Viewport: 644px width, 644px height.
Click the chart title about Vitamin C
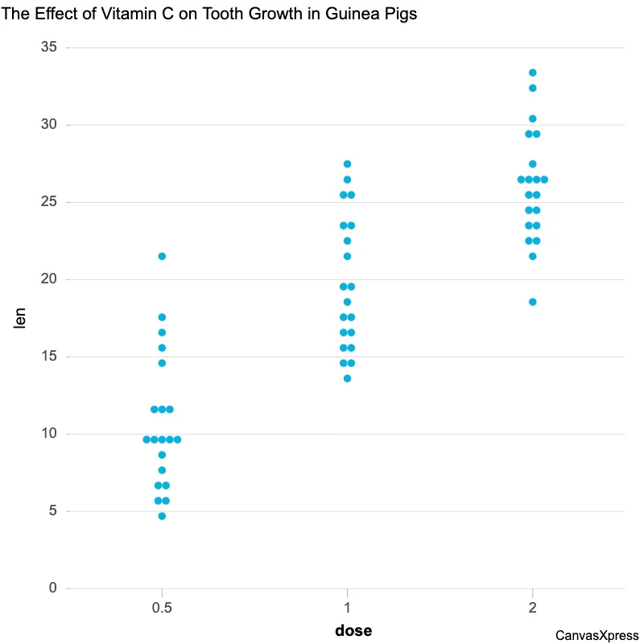click(x=208, y=14)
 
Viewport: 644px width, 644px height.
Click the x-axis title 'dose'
click(x=353, y=630)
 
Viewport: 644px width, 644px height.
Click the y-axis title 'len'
click(x=21, y=318)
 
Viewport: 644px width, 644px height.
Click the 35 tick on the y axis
click(x=49, y=47)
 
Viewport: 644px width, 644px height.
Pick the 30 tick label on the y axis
click(x=49, y=125)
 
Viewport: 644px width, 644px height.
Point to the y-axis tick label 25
click(x=49, y=202)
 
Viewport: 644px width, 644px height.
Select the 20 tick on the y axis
click(x=49, y=279)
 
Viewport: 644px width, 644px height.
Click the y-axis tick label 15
click(x=49, y=357)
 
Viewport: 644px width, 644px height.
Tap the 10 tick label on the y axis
click(x=49, y=434)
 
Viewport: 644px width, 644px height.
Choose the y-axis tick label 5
click(x=53, y=511)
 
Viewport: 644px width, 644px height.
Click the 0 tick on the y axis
click(x=53, y=588)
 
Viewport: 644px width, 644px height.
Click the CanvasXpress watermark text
click(x=597, y=635)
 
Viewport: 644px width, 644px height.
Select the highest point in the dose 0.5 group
click(x=162, y=256)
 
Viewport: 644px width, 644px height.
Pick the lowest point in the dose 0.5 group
click(x=162, y=516)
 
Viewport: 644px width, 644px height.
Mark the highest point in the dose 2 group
click(x=532, y=72)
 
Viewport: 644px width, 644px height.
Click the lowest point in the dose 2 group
click(x=532, y=302)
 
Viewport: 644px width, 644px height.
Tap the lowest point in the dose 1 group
click(x=347, y=378)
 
